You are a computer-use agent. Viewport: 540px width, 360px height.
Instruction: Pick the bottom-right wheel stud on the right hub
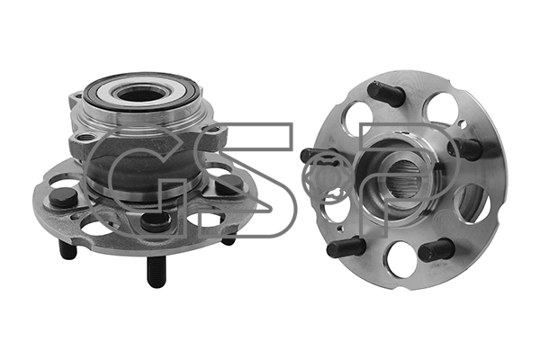pyautogui.click(x=436, y=250)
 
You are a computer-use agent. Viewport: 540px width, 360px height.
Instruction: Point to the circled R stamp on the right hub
pyautogui.click(x=441, y=220)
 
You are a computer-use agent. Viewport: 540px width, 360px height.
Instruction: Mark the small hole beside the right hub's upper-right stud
pyautogui.click(x=463, y=123)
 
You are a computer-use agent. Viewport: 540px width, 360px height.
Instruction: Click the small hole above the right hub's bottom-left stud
pyautogui.click(x=340, y=228)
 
